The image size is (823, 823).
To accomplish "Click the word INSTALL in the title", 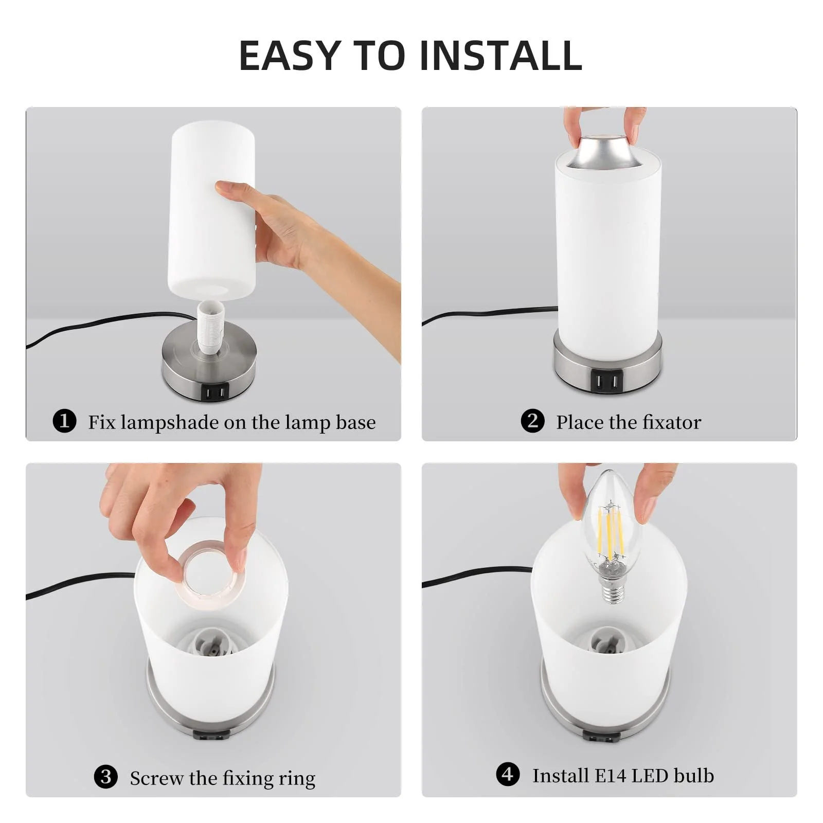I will (x=500, y=55).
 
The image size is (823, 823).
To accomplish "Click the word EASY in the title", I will (x=290, y=55).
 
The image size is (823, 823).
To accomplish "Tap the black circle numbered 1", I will (x=64, y=421).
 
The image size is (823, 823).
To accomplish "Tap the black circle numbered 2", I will (x=532, y=421).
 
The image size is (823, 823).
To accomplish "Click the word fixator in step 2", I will (x=672, y=422).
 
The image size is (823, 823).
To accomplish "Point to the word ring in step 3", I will (x=297, y=778).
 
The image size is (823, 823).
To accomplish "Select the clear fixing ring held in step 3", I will (x=209, y=570).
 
